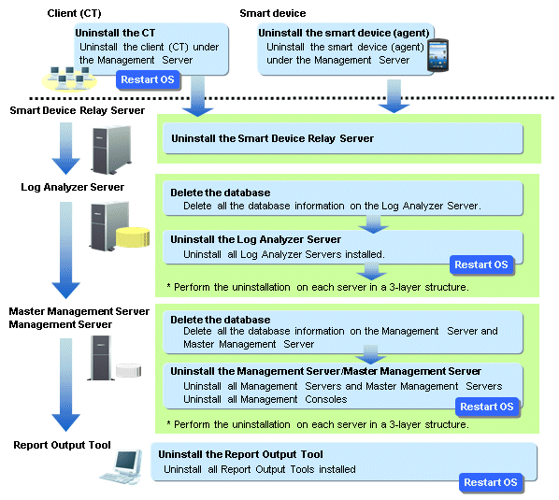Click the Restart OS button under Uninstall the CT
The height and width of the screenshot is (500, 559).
coord(148,79)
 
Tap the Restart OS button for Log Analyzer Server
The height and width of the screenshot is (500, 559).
coord(480,264)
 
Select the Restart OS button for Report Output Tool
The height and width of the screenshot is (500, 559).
coord(491,482)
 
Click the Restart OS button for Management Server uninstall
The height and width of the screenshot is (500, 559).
coord(487,407)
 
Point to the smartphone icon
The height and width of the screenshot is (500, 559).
coord(437,55)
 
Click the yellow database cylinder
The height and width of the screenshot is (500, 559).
coord(133,237)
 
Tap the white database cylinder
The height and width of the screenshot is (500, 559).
coord(129,370)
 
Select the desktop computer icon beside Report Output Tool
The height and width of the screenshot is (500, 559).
coord(122,467)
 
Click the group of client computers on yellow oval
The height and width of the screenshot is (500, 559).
coord(69,79)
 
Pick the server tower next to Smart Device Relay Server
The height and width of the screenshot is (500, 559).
coord(111,150)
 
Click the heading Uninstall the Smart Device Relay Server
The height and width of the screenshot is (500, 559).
coord(272,138)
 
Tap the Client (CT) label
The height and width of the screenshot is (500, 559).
coord(74,13)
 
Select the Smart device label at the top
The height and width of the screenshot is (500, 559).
coord(273,13)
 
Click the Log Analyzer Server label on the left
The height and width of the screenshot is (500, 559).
coord(72,187)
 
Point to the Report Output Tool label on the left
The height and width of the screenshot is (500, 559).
coord(62,445)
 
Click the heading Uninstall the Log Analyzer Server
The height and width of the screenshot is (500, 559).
coord(255,239)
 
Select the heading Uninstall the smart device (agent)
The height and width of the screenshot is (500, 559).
coord(344,33)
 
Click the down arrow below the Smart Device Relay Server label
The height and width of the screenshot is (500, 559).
coord(66,149)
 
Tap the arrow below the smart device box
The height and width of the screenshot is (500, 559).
coord(394,96)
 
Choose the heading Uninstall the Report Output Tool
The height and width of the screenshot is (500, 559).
coord(240,454)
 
